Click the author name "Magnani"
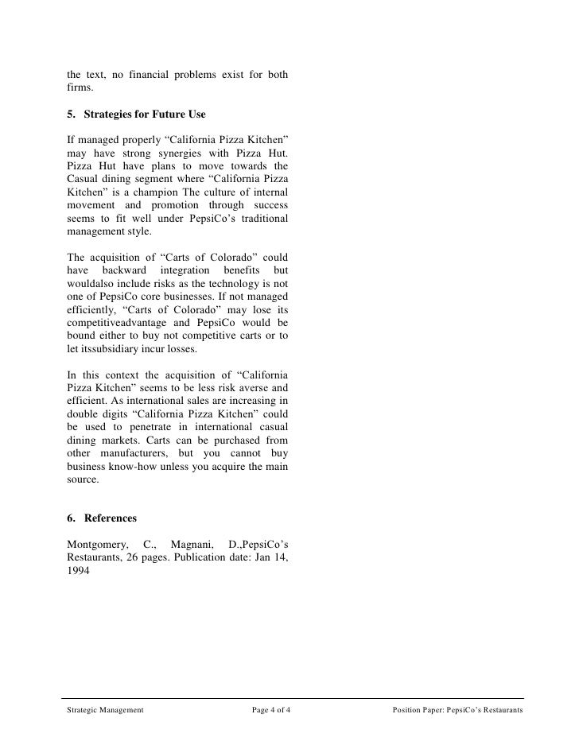tap(192, 543)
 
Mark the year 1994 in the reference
tap(79, 570)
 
